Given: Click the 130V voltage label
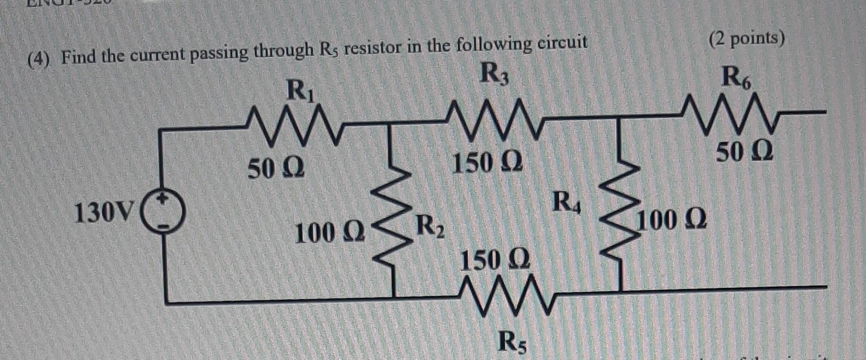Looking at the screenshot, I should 104,213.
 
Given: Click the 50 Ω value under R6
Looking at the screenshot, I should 745,152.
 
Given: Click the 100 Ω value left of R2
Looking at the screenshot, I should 329,233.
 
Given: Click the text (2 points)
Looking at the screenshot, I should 746,39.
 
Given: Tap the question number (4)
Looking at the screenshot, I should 39,59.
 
